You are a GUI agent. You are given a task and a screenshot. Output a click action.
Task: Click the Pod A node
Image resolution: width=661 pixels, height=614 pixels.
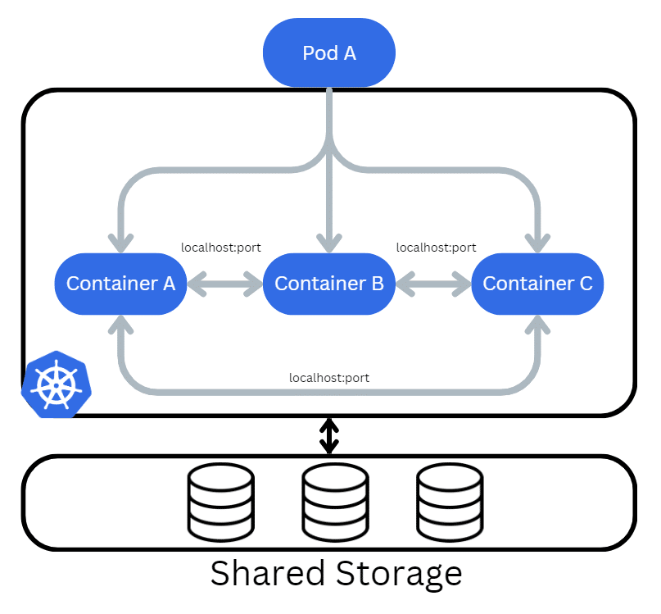pos(329,53)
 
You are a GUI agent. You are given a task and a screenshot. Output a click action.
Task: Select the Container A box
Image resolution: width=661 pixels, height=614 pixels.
pos(121,284)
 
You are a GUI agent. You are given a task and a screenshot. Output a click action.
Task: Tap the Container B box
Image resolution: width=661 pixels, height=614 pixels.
pos(329,284)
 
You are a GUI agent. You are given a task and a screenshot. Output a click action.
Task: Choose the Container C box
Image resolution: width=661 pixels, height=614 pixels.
pos(538,284)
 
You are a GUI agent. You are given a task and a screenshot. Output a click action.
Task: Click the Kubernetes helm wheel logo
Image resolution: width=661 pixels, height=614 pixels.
pos(56,384)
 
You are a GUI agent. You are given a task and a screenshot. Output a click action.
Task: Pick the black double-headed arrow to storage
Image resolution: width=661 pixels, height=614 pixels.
pos(329,436)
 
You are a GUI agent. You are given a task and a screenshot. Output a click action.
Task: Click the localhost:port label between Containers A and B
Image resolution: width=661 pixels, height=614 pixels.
pos(221,248)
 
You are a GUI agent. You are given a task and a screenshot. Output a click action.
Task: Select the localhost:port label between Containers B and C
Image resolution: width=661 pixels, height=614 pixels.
pos(436,248)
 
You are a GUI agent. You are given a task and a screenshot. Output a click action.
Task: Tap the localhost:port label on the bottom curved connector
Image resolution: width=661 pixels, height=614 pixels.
pos(329,378)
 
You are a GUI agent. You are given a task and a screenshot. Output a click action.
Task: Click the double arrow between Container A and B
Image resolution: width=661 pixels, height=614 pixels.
pos(225,284)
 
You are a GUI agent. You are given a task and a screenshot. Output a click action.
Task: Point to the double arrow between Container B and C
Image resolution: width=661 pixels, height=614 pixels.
pos(433,284)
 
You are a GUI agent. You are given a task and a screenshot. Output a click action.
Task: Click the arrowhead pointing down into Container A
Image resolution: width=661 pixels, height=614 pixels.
pos(121,242)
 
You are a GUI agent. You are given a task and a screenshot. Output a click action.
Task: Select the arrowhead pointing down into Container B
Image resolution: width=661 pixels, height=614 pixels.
pos(329,242)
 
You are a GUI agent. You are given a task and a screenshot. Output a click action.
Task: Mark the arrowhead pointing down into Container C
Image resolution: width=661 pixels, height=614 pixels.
pos(538,242)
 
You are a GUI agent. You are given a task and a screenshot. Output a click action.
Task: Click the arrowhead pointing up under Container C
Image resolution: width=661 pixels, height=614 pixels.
pos(538,326)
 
